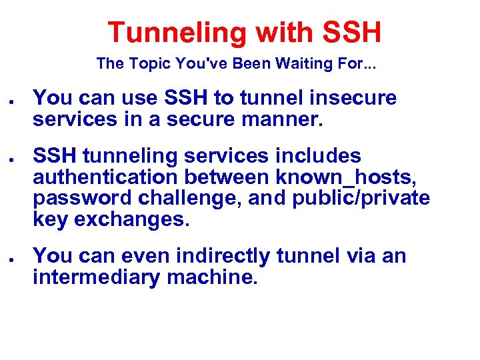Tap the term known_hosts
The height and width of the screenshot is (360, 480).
click(x=348, y=179)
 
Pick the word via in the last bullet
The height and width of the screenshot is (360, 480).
click(x=359, y=256)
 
